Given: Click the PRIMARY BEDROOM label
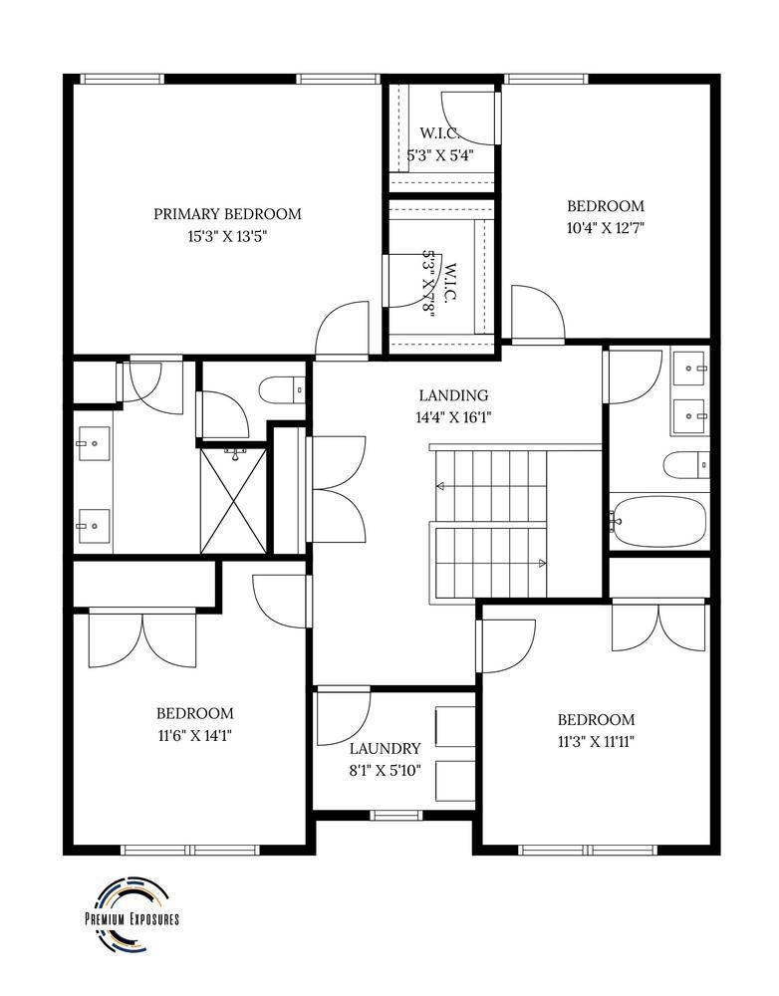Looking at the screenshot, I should [x=227, y=213].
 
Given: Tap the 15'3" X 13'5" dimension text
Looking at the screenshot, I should [x=227, y=236].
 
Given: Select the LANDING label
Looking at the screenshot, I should [x=453, y=394].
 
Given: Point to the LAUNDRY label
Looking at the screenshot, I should [x=385, y=748].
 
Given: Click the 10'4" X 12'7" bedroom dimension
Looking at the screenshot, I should [x=606, y=228].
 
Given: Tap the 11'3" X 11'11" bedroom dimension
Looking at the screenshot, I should [x=596, y=741].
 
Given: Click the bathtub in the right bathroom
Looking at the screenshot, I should [x=659, y=521].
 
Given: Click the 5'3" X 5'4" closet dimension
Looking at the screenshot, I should [x=439, y=155].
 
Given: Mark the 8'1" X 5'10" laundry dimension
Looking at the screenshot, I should [x=385, y=770].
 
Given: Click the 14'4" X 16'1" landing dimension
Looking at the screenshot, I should [x=453, y=417].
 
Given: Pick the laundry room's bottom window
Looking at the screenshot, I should [x=394, y=815].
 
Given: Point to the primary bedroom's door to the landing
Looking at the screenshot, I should [x=342, y=331].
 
